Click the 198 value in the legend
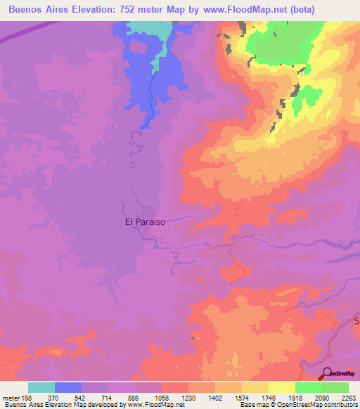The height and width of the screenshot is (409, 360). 27,397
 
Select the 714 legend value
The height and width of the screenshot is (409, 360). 108,397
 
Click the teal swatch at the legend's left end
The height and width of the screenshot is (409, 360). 41,387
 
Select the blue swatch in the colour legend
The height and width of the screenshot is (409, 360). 68,387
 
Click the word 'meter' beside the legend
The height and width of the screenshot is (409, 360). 10,397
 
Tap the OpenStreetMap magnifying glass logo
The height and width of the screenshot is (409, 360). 328,374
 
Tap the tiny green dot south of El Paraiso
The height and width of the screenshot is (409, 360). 191,337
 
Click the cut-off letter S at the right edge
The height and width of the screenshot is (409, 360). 356,321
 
